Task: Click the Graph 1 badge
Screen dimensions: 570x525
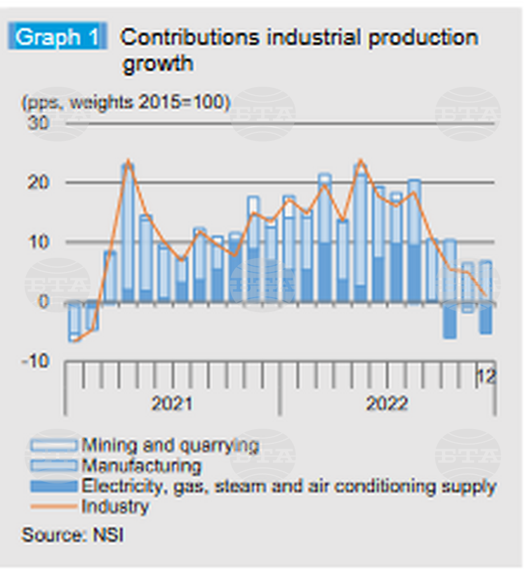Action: (x=56, y=38)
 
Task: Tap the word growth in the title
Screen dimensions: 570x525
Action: (x=158, y=63)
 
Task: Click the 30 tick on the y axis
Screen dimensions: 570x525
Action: (x=39, y=124)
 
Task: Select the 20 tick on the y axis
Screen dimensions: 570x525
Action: (x=39, y=183)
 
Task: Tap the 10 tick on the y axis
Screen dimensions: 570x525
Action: (x=39, y=242)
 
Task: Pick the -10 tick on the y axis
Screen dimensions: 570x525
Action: (x=35, y=361)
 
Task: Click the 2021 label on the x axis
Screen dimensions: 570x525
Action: (x=172, y=404)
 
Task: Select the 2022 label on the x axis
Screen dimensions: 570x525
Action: (x=386, y=404)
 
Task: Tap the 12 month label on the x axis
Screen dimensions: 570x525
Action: (x=486, y=377)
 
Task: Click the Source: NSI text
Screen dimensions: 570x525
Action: (x=72, y=536)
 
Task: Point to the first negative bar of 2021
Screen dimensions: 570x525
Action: (x=74, y=320)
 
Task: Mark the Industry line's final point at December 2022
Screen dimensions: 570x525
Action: (x=486, y=295)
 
